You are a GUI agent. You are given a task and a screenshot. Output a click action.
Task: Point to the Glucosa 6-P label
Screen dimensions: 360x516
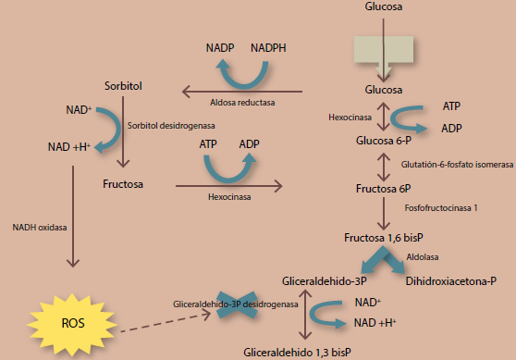(383, 140)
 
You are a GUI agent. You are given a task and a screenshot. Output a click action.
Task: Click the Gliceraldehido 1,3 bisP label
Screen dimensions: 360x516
(297, 352)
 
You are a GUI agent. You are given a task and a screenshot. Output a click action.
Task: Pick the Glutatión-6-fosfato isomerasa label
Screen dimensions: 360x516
(457, 164)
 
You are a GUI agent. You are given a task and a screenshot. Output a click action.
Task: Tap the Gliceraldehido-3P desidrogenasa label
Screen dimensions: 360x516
(236, 303)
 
